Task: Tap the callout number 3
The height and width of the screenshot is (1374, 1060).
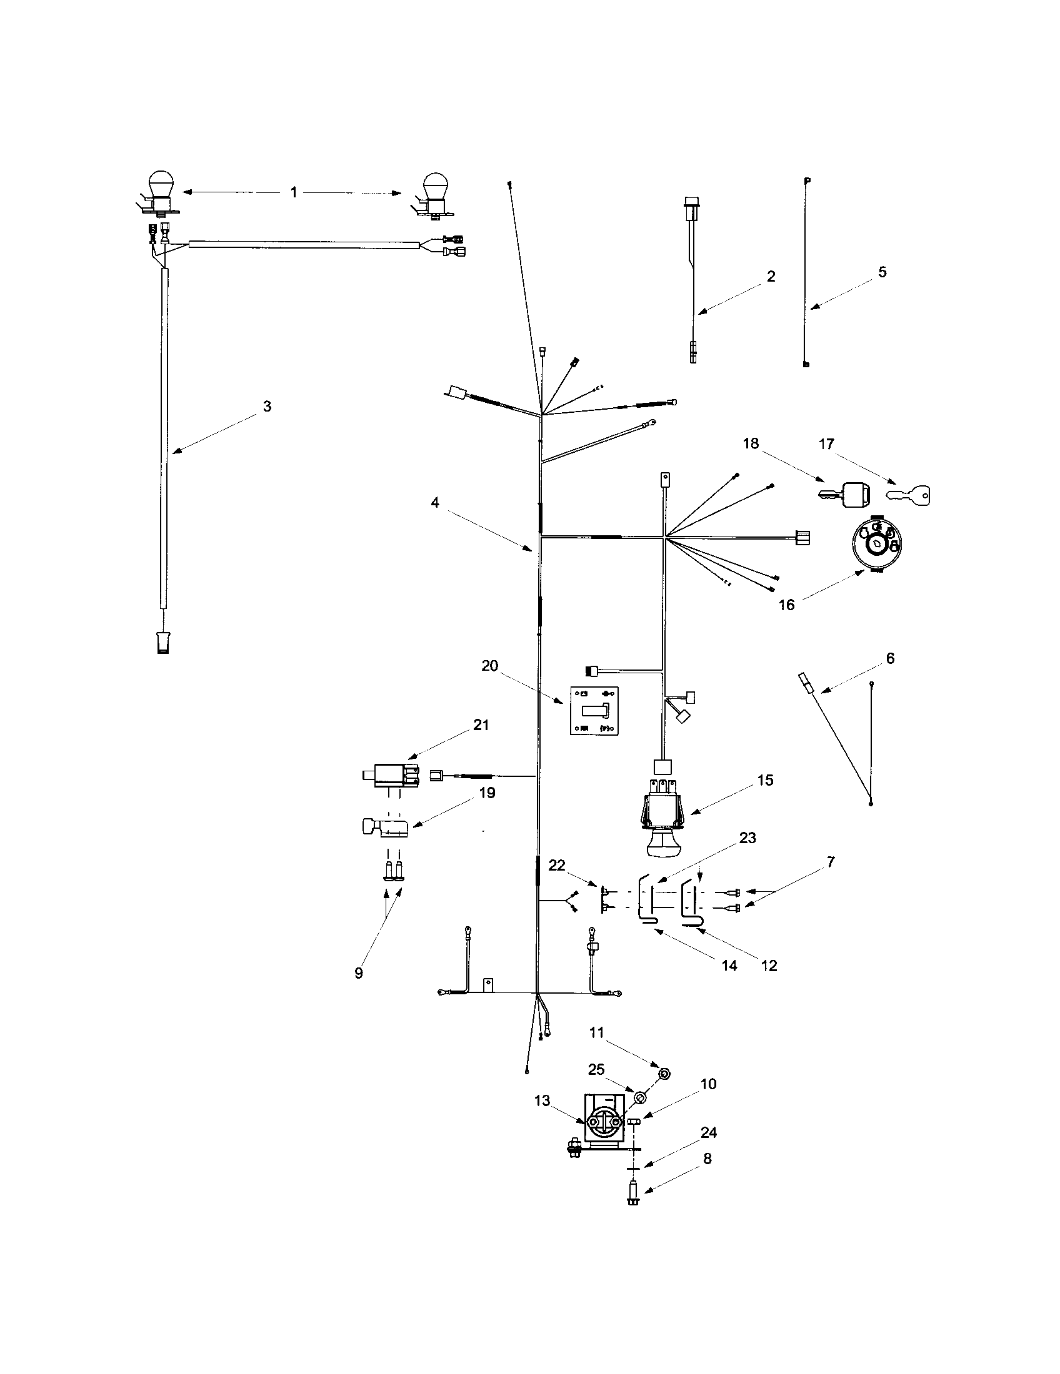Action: [x=267, y=407]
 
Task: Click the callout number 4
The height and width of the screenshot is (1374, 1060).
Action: [x=434, y=503]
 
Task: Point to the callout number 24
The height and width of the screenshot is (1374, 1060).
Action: [x=708, y=1132]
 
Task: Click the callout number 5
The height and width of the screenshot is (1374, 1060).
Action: [x=882, y=272]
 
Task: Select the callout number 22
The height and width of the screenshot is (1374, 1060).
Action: [x=556, y=866]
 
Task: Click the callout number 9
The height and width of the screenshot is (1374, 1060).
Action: [x=359, y=973]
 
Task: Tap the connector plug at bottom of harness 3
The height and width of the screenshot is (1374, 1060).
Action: [x=164, y=643]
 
